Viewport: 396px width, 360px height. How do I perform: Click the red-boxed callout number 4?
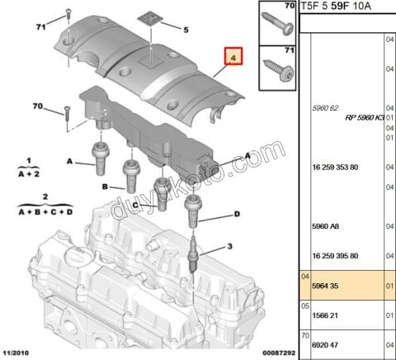233,59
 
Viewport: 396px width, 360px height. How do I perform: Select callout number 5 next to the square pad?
186,30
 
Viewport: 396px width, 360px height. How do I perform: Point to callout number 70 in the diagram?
37,107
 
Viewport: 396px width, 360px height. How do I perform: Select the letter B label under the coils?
105,187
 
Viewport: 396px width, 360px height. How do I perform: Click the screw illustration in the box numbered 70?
275,18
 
